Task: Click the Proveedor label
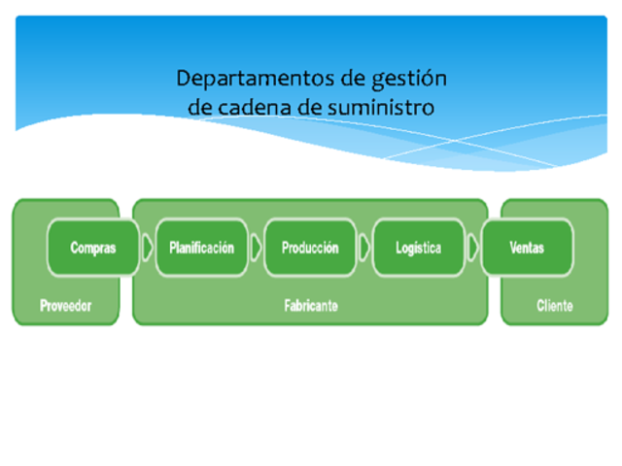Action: tap(65, 306)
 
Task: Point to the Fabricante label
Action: tap(311, 306)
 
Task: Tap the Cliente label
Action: tap(554, 306)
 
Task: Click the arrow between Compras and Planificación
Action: tap(147, 248)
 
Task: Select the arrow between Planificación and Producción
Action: tap(256, 248)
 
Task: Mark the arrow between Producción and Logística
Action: tap(364, 248)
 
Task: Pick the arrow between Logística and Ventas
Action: tap(473, 248)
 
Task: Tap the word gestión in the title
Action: tap(406, 78)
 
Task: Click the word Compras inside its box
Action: tap(92, 248)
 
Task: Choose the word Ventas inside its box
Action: tap(527, 248)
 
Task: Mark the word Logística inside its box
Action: tap(418, 248)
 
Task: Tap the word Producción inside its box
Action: tap(310, 248)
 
